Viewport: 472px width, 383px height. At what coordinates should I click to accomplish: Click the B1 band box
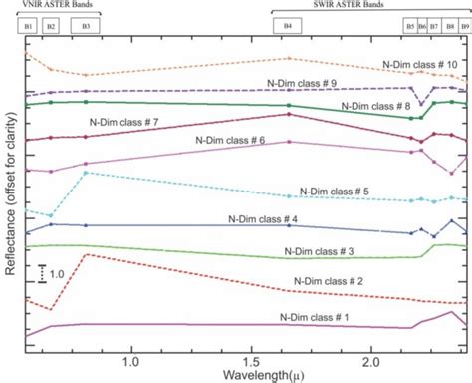click(x=29, y=23)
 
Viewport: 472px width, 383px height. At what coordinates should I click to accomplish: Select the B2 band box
click(x=51, y=23)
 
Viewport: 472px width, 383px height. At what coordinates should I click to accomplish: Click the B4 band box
click(x=288, y=23)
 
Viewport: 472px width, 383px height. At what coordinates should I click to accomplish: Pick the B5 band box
click(x=410, y=23)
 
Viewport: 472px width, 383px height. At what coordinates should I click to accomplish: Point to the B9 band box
click(x=464, y=23)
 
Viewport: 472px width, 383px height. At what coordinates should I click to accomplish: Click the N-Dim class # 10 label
click(x=420, y=63)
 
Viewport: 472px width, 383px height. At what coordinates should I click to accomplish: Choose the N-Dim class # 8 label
click(x=376, y=105)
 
